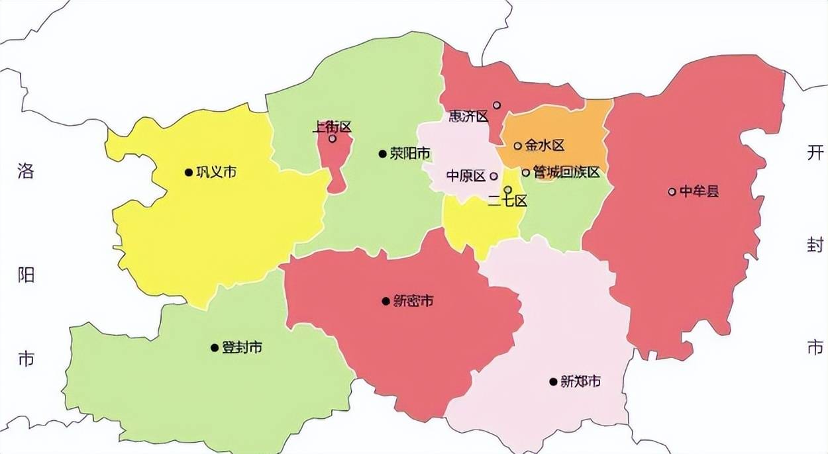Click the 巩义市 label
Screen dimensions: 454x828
[x=217, y=173]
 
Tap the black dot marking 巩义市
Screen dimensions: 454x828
[x=189, y=173]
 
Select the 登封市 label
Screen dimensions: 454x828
[x=242, y=347]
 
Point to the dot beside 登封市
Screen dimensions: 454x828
[x=215, y=347]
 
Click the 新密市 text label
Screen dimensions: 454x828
[x=413, y=301]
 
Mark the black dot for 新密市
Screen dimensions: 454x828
[x=386, y=301]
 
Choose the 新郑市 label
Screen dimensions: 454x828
[x=580, y=382]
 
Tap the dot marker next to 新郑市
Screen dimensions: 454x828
[x=553, y=382]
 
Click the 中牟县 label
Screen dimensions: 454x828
[x=699, y=192]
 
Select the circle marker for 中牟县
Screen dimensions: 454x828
[x=672, y=192]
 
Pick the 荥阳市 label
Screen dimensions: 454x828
[x=409, y=154]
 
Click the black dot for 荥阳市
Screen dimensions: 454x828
[x=382, y=154]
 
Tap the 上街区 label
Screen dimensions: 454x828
[x=331, y=126]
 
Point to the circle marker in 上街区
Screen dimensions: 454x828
[x=333, y=139]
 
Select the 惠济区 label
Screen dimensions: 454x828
[x=468, y=116]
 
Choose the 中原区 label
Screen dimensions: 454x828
[x=466, y=176]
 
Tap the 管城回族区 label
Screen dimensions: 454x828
[x=566, y=173]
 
